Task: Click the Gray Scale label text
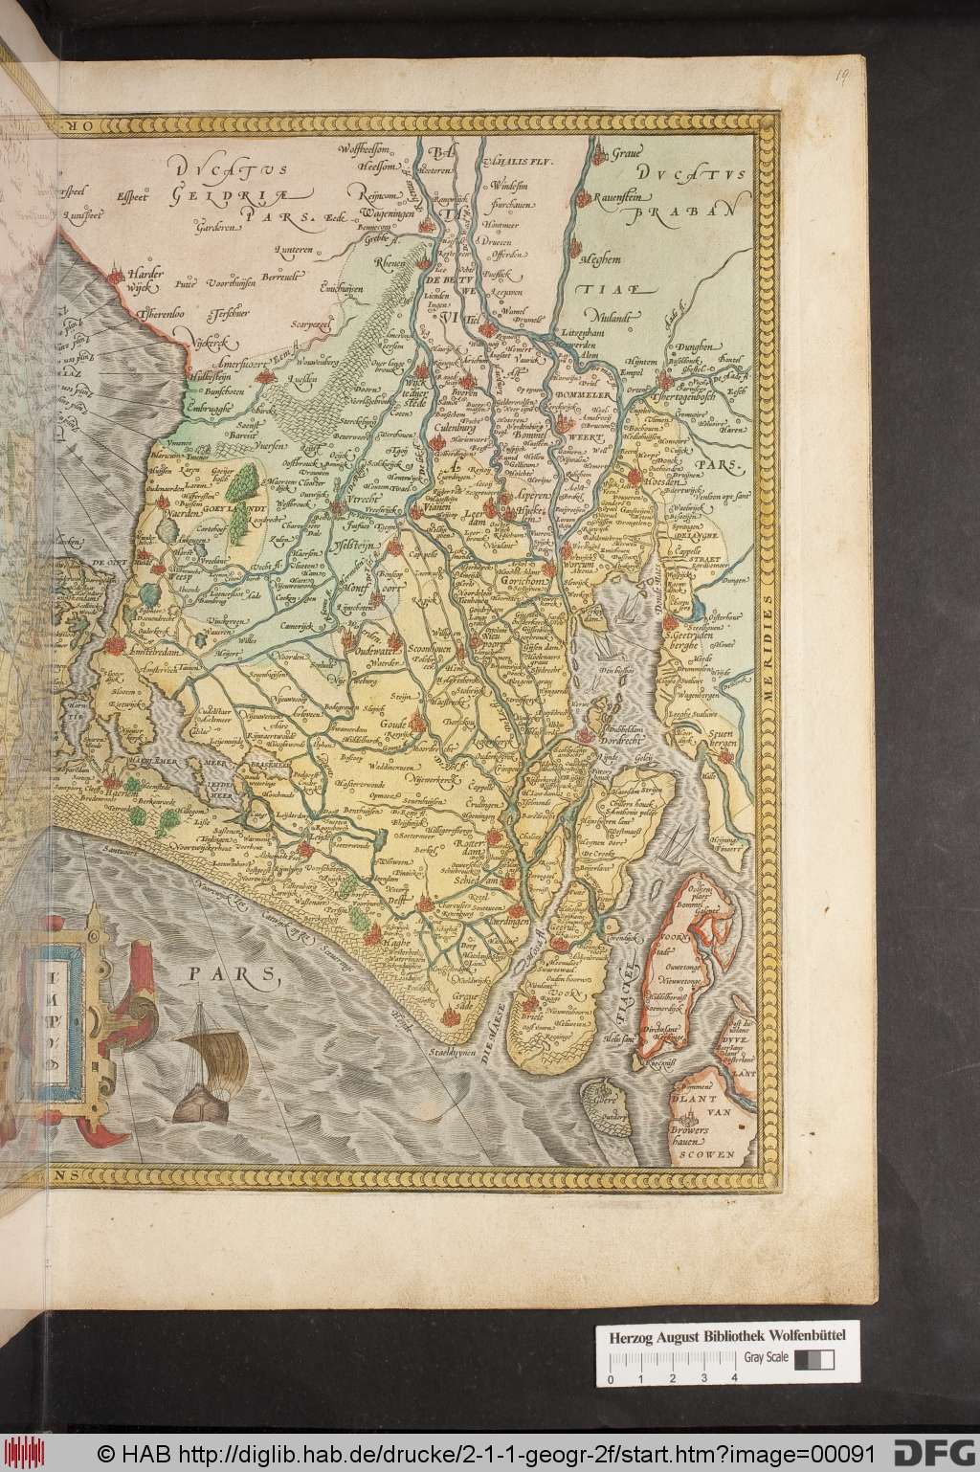(x=767, y=1357)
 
